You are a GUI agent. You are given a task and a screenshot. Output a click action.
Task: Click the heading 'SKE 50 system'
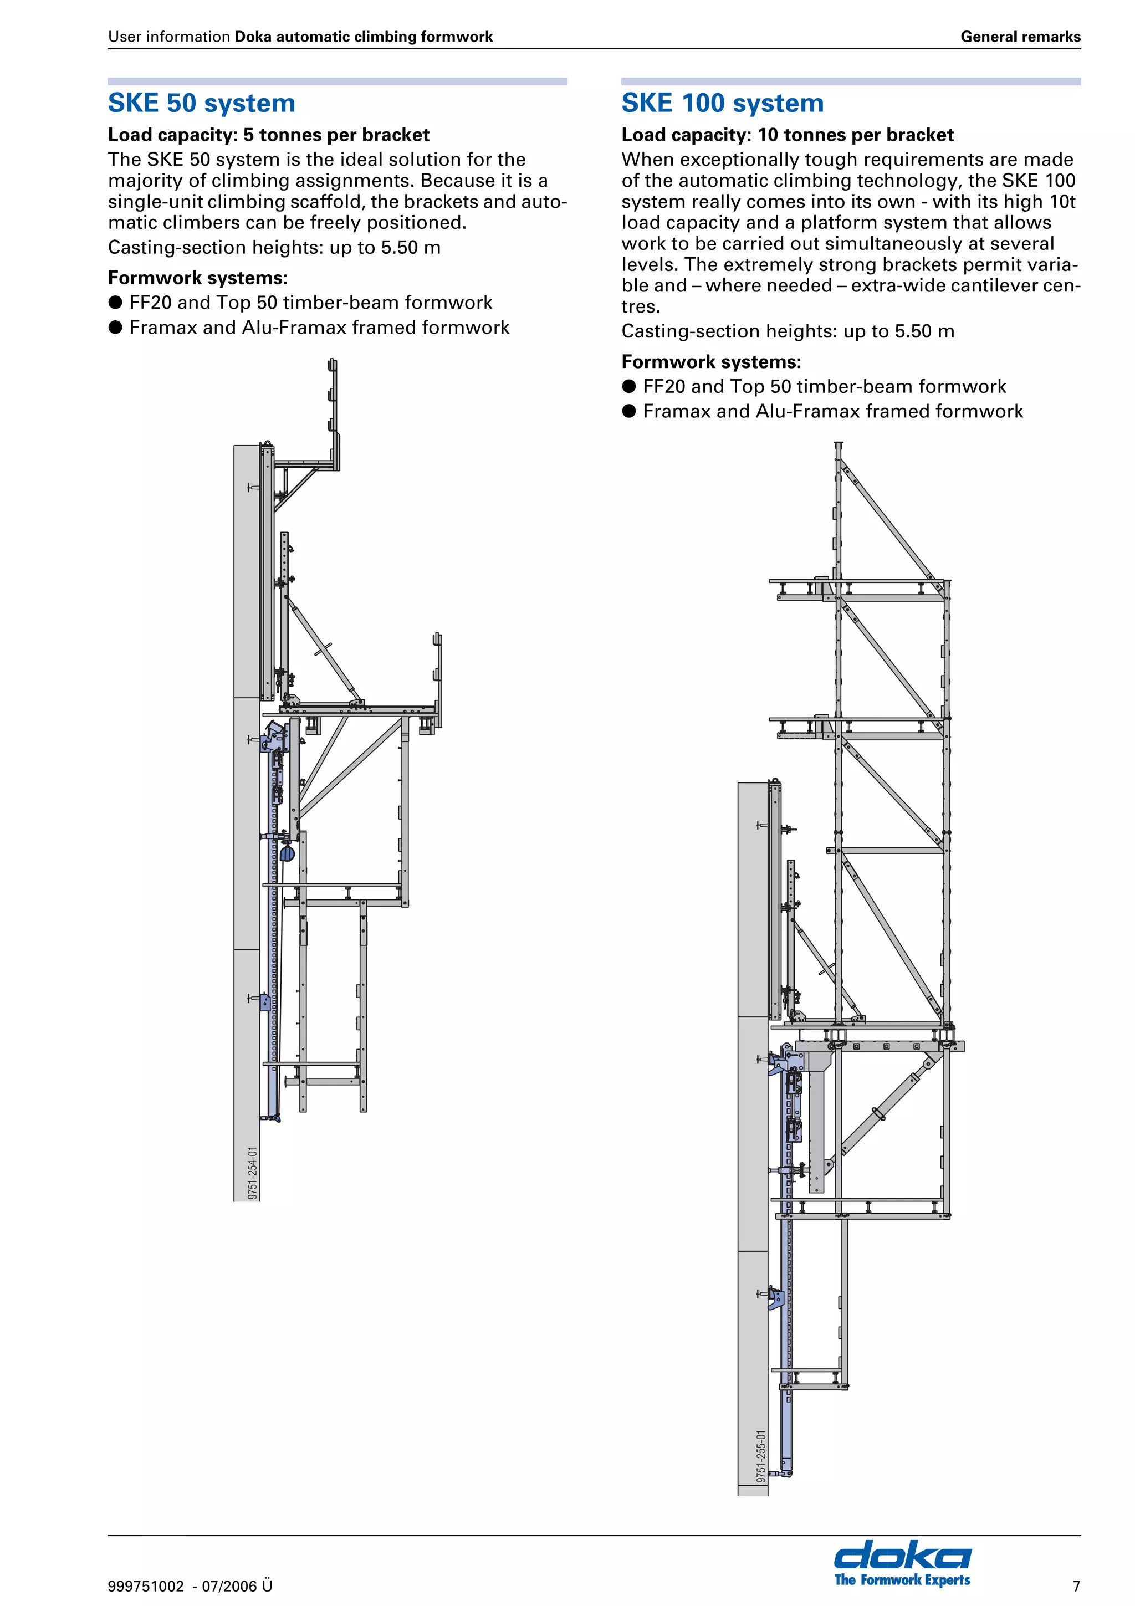pyautogui.click(x=201, y=103)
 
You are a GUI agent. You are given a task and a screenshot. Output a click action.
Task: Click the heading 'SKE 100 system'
pyautogui.click(x=723, y=103)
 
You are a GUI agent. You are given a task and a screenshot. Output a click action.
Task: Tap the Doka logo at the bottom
pyautogui.click(x=902, y=1556)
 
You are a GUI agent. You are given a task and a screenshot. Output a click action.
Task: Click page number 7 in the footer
pyautogui.click(x=1076, y=1585)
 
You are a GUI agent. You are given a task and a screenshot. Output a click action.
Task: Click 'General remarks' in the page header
pyautogui.click(x=1020, y=37)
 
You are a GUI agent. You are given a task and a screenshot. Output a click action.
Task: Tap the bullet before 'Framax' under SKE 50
pyautogui.click(x=115, y=328)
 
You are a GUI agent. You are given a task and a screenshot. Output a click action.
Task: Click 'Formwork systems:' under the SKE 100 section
pyautogui.click(x=710, y=362)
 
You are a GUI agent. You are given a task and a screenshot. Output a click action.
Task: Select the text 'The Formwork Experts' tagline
pyautogui.click(x=902, y=1579)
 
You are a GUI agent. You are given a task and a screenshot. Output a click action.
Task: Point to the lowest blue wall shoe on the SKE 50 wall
pyautogui.click(x=265, y=1001)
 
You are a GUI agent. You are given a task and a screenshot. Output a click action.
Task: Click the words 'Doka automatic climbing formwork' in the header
pyautogui.click(x=364, y=37)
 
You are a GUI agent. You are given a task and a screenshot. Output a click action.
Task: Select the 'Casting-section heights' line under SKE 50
pyautogui.click(x=274, y=248)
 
